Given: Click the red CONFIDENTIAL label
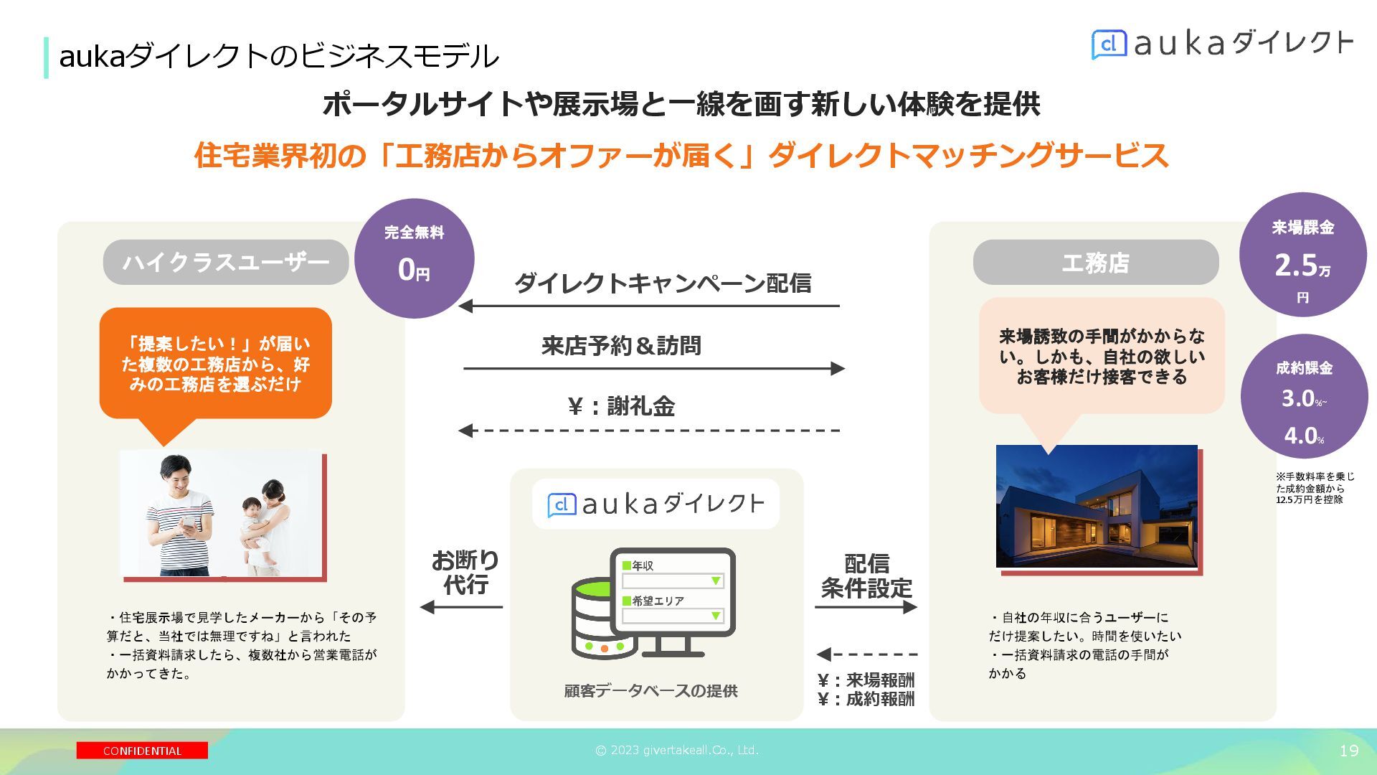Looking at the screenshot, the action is (142, 751).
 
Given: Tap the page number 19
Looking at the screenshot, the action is (1348, 751).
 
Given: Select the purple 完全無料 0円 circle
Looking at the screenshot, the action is (414, 258).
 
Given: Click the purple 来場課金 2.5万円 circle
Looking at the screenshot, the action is (1302, 255).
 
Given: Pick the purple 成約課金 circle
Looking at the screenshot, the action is (1304, 397).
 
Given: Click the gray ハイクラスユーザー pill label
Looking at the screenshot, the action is (225, 263).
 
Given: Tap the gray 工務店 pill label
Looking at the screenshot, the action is (1095, 263).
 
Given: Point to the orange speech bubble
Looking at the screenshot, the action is (215, 364).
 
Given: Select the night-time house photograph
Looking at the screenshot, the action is (1097, 506).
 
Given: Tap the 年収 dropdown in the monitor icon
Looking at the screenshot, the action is (673, 581).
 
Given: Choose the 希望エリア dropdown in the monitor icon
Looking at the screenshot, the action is (673, 616).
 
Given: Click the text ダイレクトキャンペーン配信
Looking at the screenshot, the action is (663, 283).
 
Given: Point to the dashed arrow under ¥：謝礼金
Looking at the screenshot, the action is (649, 431).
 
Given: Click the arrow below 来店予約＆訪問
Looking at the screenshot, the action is (654, 369).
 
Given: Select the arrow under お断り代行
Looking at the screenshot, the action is (462, 607).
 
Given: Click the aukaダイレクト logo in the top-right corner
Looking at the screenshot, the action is (1222, 44).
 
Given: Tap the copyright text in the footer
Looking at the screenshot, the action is (676, 751).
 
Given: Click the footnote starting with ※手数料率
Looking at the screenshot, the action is (1315, 488).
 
